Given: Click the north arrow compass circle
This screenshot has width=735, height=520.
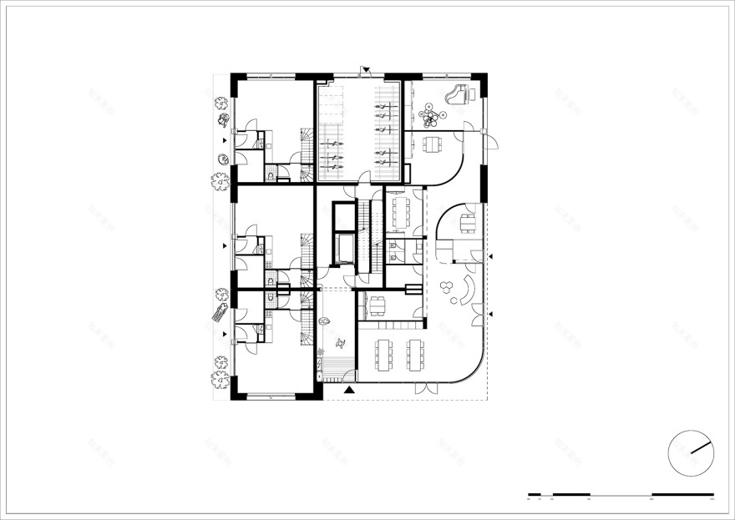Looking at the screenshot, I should pos(691,453).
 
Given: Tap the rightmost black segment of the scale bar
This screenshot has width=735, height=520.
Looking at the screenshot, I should pos(682,494).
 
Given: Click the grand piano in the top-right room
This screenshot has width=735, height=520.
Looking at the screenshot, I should pos(459,94).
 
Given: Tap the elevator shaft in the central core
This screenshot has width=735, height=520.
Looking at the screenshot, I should pos(343,247).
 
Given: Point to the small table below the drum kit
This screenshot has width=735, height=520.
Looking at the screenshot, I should pos(432,144).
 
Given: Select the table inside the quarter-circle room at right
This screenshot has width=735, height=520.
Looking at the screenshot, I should pos(468,222).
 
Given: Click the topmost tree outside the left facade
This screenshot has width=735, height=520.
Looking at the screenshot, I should pos(220,103).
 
